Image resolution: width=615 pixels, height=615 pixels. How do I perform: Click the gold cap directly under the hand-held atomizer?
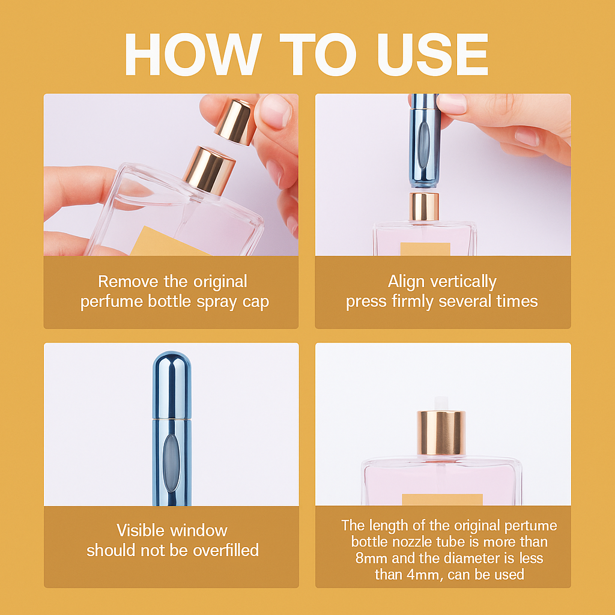point(424,206)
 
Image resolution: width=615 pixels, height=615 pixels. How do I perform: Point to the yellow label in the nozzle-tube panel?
point(442,499)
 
